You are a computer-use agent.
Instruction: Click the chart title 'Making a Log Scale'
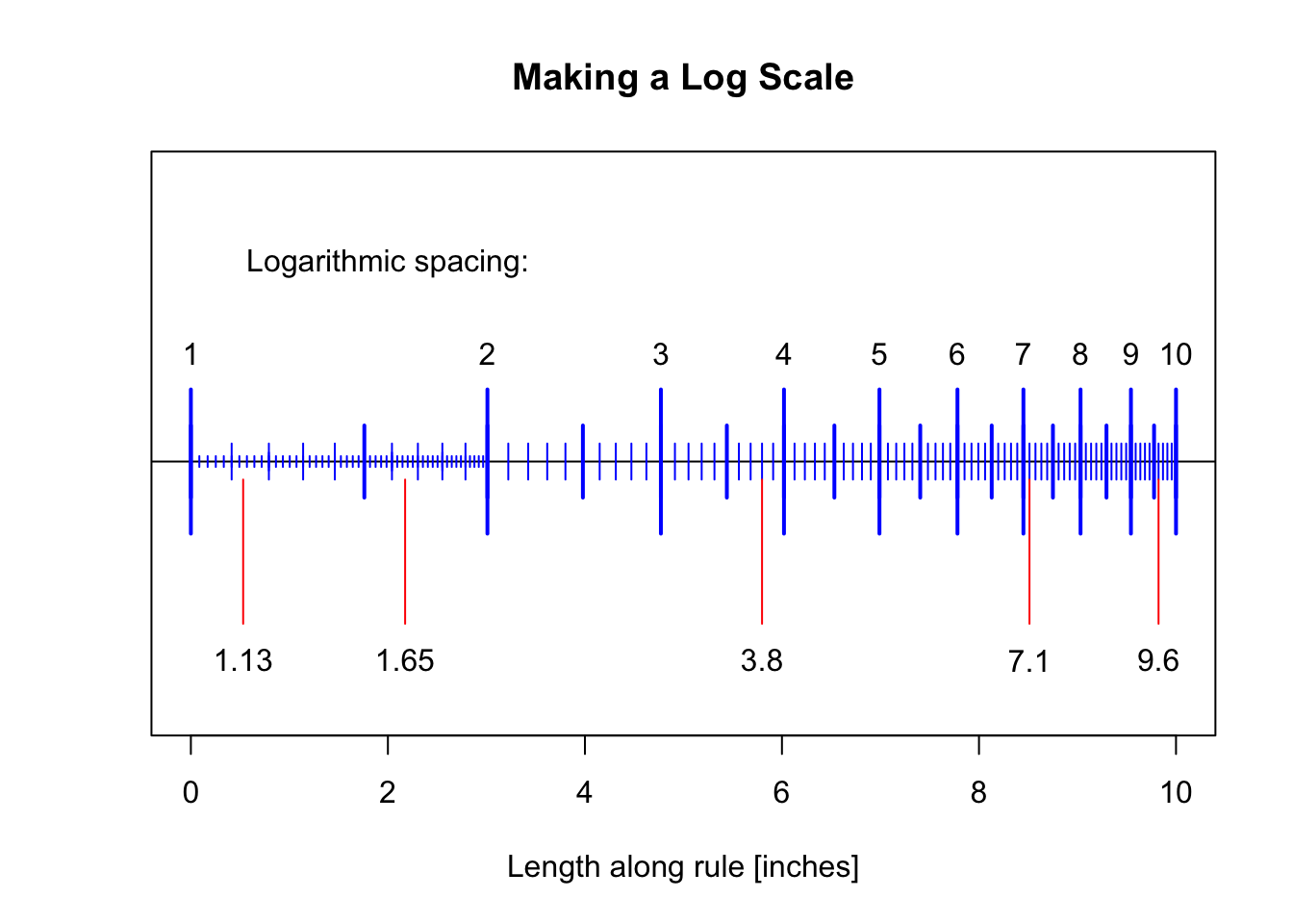point(682,78)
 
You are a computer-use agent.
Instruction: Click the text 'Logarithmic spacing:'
point(387,262)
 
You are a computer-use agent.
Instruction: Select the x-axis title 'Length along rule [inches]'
point(682,867)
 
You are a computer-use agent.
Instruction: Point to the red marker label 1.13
point(243,662)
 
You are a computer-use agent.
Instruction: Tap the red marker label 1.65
point(405,662)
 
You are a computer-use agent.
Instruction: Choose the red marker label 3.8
point(762,662)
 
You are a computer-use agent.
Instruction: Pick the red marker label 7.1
point(1028,662)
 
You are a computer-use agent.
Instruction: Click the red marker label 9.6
point(1157,662)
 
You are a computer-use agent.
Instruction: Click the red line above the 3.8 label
point(762,558)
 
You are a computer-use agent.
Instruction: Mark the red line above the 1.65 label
point(405,558)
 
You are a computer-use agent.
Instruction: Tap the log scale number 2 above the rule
point(487,355)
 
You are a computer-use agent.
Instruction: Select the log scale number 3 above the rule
point(660,355)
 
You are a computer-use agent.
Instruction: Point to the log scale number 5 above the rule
point(878,355)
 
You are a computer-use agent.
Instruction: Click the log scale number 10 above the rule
point(1176,355)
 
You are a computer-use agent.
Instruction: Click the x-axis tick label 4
point(584,793)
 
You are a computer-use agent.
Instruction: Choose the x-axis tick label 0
point(190,793)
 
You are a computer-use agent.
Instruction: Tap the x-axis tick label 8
point(978,793)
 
